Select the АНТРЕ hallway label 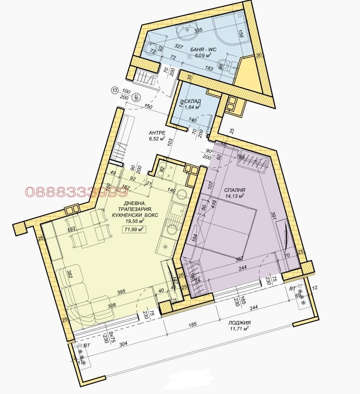pyautogui.click(x=158, y=133)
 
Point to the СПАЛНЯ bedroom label pyautogui.click(x=234, y=190)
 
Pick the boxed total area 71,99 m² pyautogui.click(x=134, y=230)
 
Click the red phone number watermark pyautogui.click(x=76, y=192)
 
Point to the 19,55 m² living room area pyautogui.click(x=135, y=222)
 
